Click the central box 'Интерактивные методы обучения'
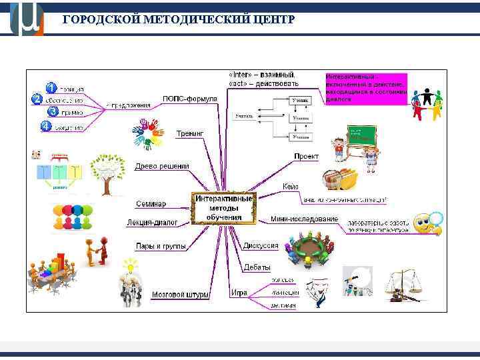[x=224, y=207]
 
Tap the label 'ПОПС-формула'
[x=190, y=99]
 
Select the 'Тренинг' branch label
[x=190, y=133]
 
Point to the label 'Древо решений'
[x=162, y=166]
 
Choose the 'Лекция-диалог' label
[x=152, y=223]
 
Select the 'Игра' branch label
[x=239, y=293]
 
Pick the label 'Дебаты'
[x=257, y=267]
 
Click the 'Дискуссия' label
[x=261, y=245]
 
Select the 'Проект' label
[x=306, y=156]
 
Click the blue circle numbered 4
[x=45, y=125]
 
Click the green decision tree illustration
[x=107, y=172]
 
